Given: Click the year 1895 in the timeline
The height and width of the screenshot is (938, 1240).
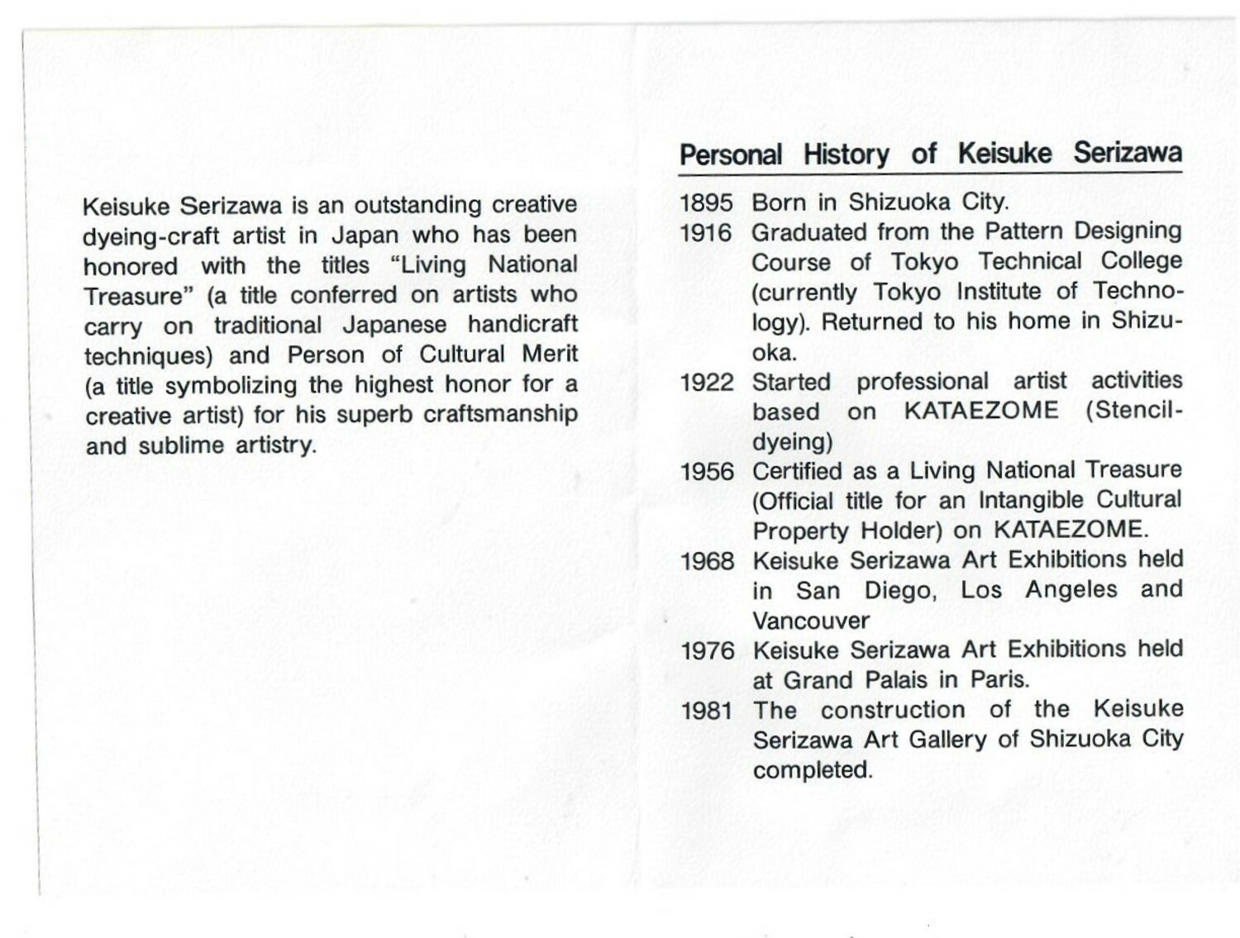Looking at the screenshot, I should click(x=706, y=203).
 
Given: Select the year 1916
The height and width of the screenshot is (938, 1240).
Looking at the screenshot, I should click(x=706, y=234).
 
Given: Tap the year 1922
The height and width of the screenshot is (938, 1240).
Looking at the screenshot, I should click(x=706, y=383).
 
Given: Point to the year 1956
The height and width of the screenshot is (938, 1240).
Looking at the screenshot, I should click(x=707, y=472).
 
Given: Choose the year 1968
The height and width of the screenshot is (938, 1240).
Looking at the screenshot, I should click(x=707, y=562).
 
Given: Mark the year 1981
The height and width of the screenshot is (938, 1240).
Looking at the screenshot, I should click(x=707, y=711).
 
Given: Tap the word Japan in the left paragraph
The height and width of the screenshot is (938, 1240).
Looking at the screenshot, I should click(x=365, y=236).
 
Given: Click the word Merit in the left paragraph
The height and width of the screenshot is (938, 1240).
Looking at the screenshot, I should click(x=550, y=355).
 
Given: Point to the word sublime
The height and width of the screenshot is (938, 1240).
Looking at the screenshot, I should click(x=182, y=445).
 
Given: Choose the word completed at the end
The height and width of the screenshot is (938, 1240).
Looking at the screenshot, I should click(x=813, y=770).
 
